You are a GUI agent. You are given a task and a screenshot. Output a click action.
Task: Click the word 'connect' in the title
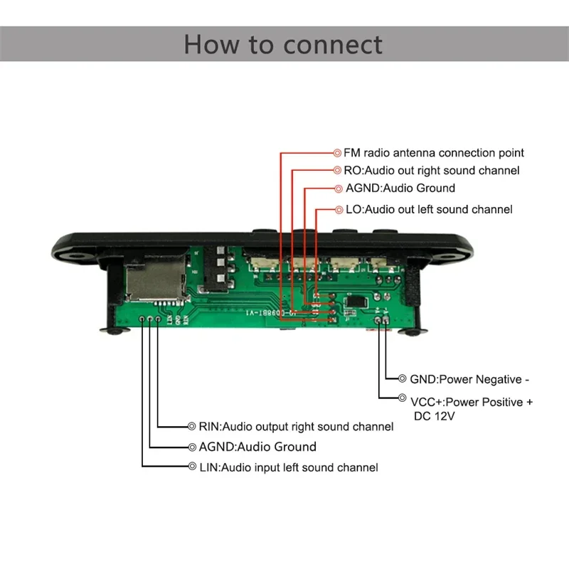[x=333, y=45]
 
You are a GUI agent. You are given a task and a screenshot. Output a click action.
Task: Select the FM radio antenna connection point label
[x=434, y=153]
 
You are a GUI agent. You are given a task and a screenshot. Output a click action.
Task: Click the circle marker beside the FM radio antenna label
[x=337, y=153]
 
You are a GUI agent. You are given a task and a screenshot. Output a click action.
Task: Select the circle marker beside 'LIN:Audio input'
[x=192, y=467]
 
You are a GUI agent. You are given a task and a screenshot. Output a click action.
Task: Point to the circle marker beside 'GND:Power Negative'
[x=403, y=379]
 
